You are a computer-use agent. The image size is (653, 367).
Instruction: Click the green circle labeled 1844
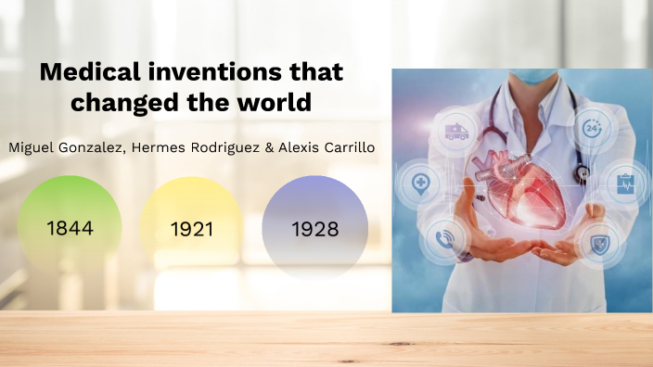click(70, 227)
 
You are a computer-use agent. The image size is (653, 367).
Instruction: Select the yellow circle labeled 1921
click(192, 228)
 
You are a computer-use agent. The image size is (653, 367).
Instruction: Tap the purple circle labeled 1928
click(314, 228)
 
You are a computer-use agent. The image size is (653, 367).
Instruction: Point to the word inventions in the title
click(216, 71)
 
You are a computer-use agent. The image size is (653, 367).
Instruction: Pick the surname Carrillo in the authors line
click(342, 148)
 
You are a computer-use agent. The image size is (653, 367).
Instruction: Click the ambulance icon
click(457, 129)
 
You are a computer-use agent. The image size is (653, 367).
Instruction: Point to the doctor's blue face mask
click(521, 74)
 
